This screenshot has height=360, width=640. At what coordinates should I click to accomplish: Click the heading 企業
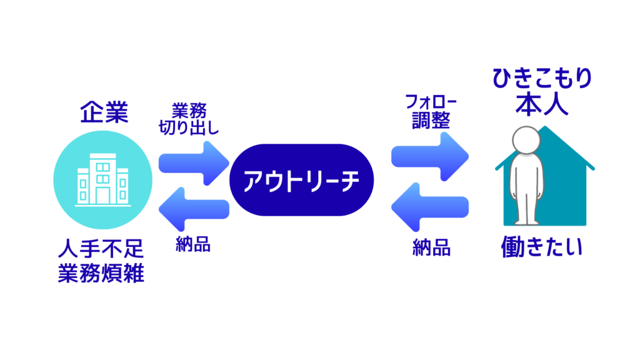(104, 113)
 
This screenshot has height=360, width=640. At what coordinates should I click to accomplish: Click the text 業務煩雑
(101, 274)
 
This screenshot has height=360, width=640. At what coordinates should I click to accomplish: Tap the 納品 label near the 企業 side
(193, 245)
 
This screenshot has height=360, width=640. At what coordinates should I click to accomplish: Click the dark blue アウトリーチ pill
(302, 181)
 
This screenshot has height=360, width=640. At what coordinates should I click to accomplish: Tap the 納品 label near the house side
(431, 249)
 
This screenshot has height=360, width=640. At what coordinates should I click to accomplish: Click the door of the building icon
(102, 195)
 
